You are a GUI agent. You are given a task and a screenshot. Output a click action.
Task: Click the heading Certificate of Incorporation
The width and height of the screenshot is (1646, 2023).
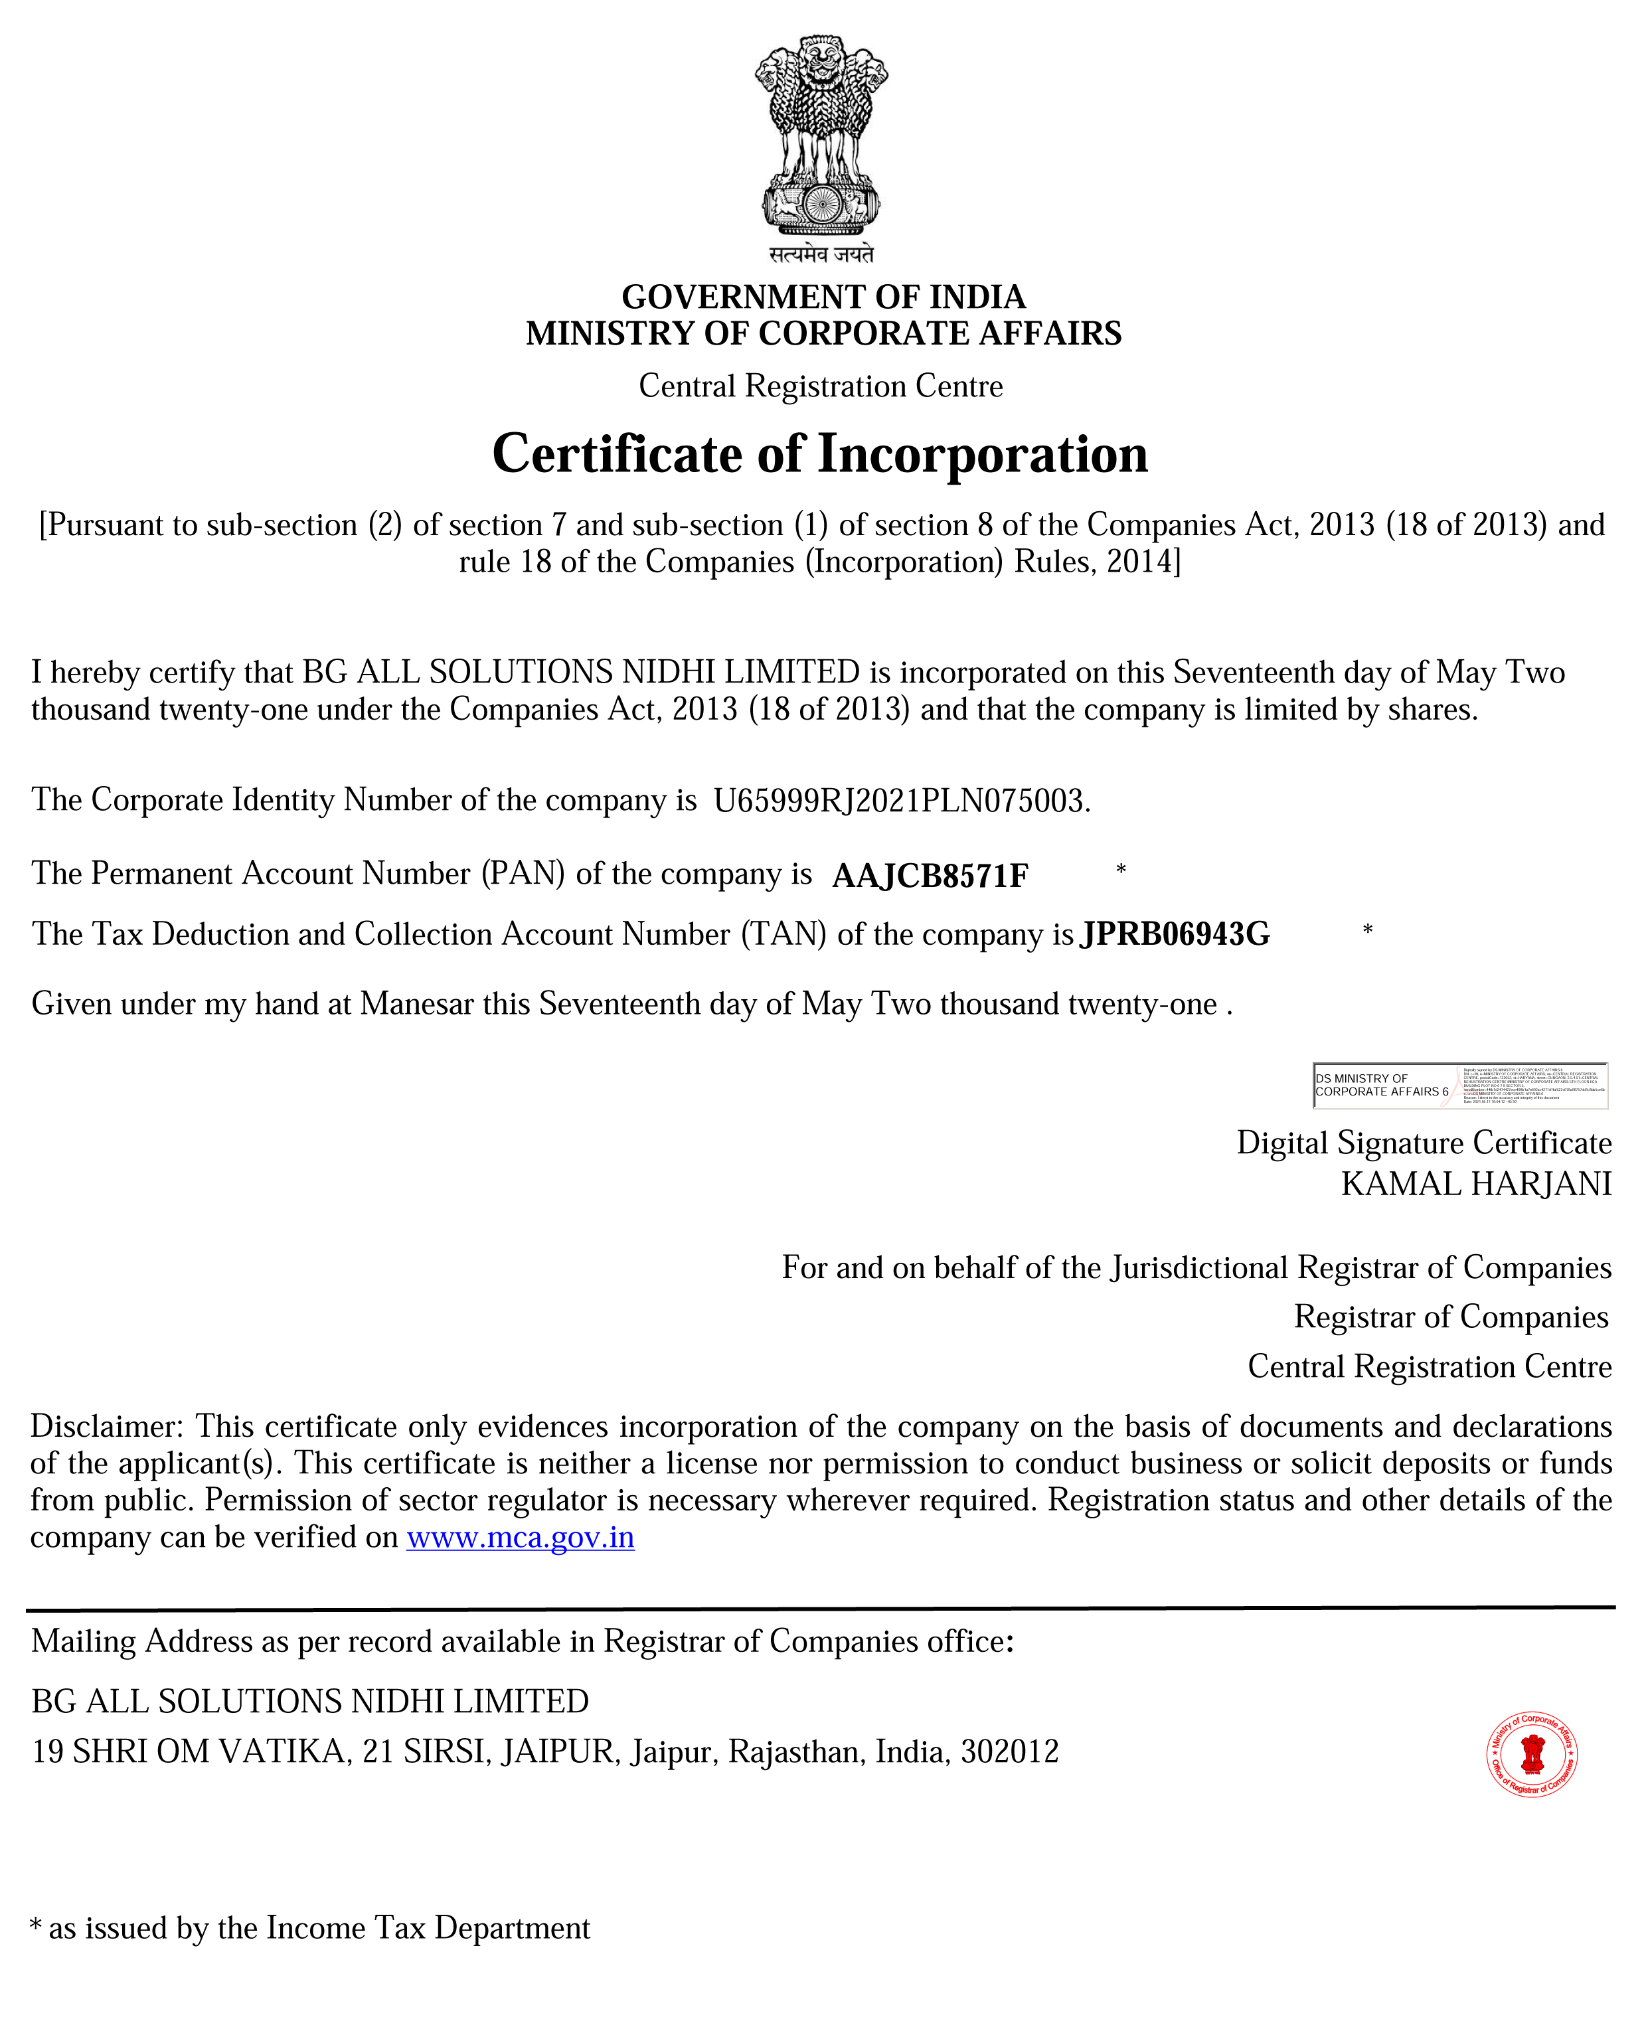click(820, 454)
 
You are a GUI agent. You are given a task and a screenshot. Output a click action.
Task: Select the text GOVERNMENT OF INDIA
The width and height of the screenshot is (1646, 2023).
click(823, 297)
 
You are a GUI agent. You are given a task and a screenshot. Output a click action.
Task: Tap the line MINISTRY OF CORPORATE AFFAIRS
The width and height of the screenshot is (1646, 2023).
click(823, 334)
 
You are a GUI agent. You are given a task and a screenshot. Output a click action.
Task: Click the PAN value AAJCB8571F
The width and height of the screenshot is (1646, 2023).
click(929, 876)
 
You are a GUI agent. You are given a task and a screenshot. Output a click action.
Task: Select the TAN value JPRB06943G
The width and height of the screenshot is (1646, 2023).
click(1175, 935)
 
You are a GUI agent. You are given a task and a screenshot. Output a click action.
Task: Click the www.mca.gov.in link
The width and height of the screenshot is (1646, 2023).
click(521, 1537)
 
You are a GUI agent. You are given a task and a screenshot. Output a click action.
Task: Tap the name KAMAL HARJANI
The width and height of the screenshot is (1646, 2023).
click(1475, 1184)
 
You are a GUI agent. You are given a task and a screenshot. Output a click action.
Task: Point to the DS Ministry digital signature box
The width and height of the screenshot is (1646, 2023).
click(1459, 1086)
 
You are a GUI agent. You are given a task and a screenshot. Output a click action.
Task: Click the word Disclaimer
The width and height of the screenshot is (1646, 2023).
click(107, 1427)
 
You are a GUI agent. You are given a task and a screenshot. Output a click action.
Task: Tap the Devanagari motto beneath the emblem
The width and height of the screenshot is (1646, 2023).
click(821, 254)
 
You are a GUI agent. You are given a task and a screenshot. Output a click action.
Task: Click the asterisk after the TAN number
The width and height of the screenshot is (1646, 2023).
click(1367, 931)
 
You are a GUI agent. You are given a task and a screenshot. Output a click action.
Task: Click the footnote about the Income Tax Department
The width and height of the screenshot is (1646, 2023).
click(311, 1928)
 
